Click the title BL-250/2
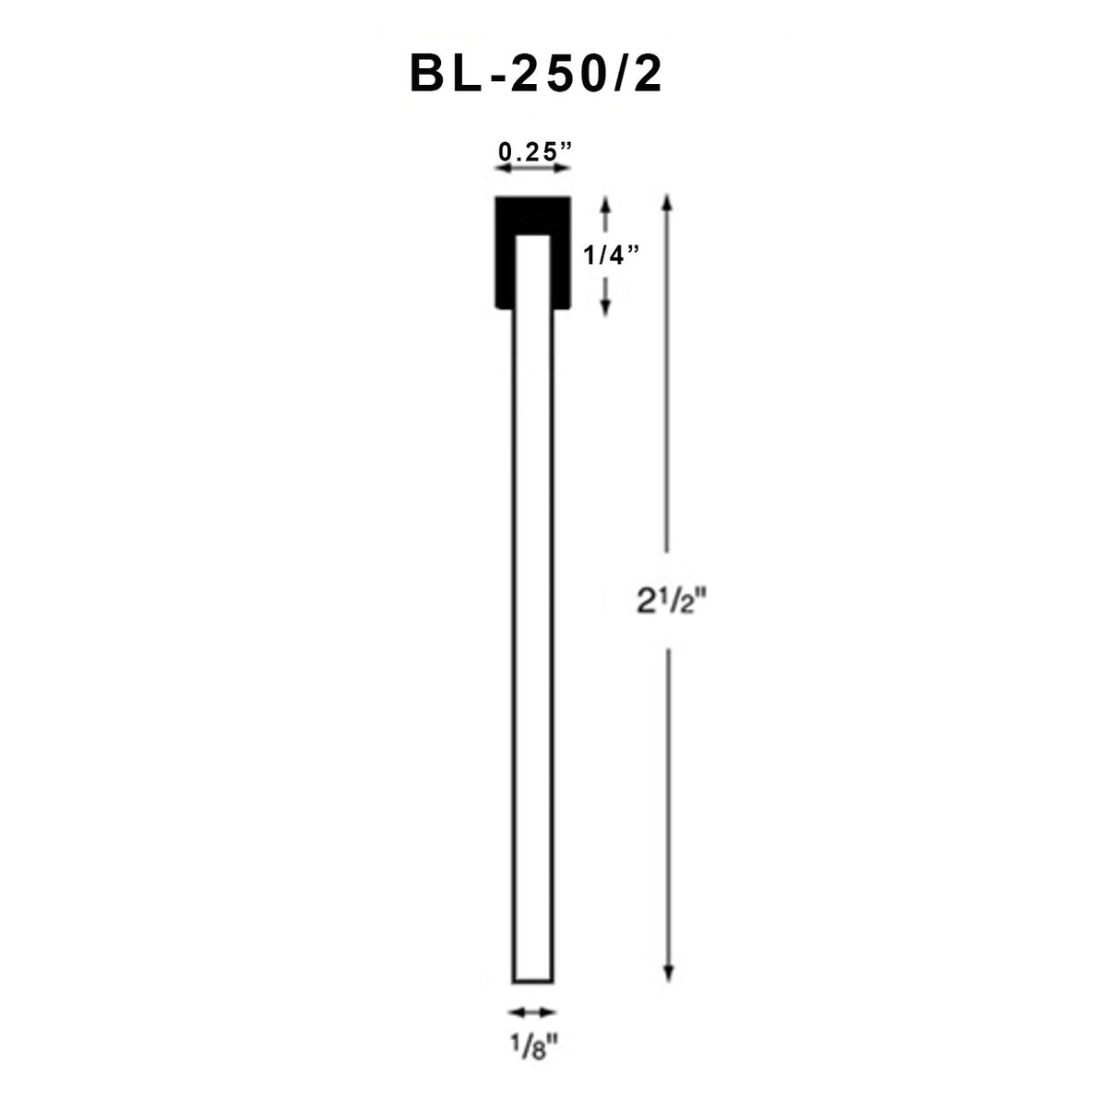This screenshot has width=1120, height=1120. [x=536, y=74]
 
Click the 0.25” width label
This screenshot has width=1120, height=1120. [x=533, y=151]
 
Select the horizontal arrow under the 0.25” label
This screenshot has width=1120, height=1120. [x=533, y=169]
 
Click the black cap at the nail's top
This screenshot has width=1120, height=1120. [x=532, y=214]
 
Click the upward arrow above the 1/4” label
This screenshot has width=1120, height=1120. [x=606, y=214]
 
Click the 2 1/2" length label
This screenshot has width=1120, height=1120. [x=670, y=602]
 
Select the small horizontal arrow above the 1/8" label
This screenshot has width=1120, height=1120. [x=533, y=1012]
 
